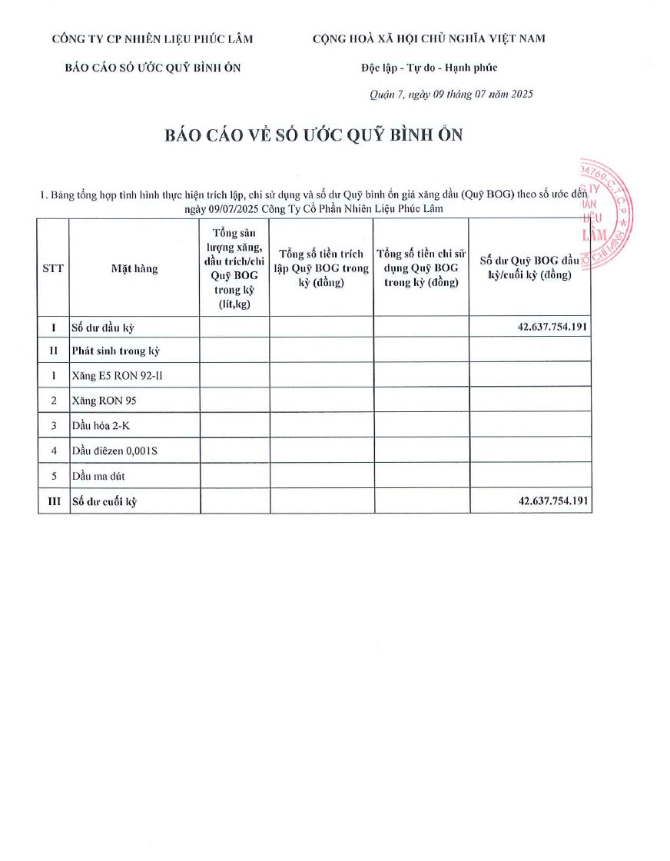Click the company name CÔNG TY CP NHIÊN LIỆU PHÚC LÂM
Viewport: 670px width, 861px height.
click(x=152, y=39)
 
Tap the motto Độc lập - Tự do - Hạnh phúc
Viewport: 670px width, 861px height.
click(x=430, y=68)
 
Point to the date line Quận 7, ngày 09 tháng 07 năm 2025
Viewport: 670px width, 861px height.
click(x=451, y=95)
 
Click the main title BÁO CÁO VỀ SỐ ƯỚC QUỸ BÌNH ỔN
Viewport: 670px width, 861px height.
click(x=314, y=135)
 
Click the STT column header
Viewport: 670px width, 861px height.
click(x=53, y=268)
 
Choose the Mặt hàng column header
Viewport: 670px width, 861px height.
click(x=134, y=268)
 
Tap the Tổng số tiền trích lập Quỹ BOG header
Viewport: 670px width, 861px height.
click(x=321, y=268)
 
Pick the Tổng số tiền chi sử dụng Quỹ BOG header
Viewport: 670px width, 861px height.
click(x=421, y=268)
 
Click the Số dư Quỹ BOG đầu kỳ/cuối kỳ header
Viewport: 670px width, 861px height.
click(x=529, y=268)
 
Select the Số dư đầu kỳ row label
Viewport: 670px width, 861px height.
click(x=103, y=327)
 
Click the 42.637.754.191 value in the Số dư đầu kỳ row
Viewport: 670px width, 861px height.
click(x=553, y=327)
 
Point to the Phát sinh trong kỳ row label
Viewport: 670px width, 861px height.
click(x=115, y=351)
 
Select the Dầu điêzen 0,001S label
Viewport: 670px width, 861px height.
click(x=114, y=450)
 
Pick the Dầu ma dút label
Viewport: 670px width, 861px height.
click(x=100, y=476)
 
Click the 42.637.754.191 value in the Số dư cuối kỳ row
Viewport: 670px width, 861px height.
click(x=553, y=501)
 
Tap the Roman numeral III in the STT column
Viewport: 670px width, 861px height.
click(x=53, y=502)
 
